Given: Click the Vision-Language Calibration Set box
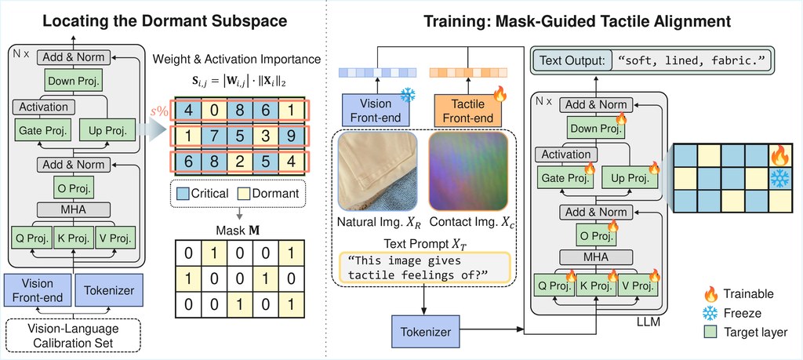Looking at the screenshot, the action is (73, 336).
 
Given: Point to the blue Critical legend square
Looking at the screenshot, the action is (182, 194).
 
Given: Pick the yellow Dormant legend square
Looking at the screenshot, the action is (245, 194).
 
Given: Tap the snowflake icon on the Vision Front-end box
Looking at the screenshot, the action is (408, 95).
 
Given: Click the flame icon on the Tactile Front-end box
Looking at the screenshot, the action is (500, 93).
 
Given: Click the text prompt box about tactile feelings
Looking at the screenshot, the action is (424, 267).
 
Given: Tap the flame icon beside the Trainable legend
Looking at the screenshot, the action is (710, 294).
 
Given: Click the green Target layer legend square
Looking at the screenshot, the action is (710, 332).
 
